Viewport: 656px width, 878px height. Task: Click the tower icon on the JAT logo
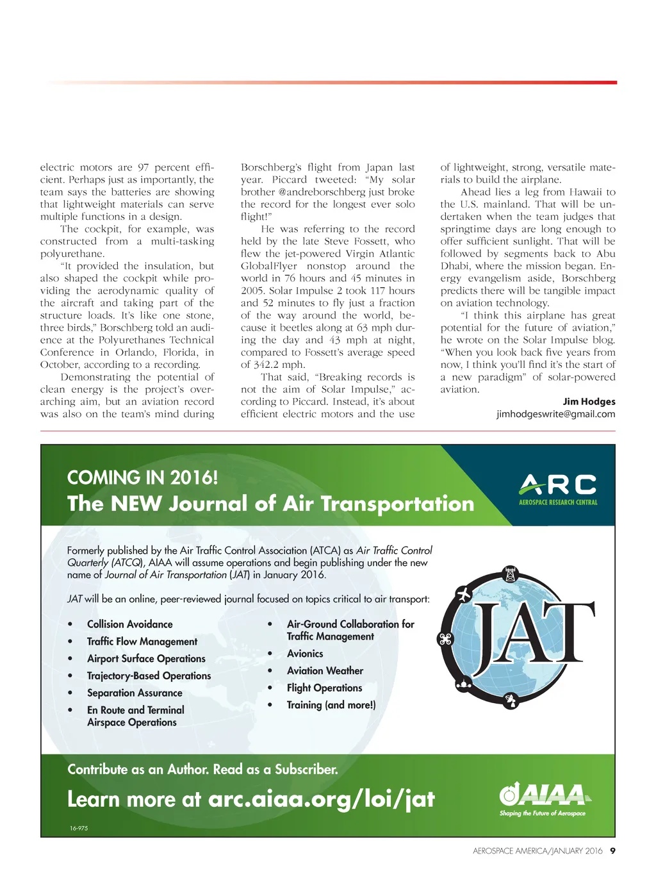tap(511, 574)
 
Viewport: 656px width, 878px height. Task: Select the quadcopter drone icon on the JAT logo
tap(445, 639)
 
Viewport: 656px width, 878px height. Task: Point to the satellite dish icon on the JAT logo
tap(510, 701)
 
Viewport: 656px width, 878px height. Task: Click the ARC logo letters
tap(557, 485)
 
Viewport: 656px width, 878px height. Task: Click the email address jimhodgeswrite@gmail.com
tap(555, 414)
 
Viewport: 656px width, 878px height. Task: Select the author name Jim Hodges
tap(589, 402)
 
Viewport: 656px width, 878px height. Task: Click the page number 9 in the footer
tap(612, 851)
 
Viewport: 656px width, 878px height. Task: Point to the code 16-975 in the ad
tap(79, 829)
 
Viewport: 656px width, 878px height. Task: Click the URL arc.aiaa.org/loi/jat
tap(321, 799)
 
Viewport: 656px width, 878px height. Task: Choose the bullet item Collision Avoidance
tap(130, 624)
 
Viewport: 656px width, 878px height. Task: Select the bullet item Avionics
tap(305, 654)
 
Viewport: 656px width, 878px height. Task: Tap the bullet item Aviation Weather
tap(325, 671)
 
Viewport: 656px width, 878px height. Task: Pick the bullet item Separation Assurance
tap(135, 693)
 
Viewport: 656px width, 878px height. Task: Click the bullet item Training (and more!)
tap(331, 705)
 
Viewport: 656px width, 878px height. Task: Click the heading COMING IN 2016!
tap(142, 477)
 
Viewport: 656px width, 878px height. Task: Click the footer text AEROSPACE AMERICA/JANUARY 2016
tap(537, 851)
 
